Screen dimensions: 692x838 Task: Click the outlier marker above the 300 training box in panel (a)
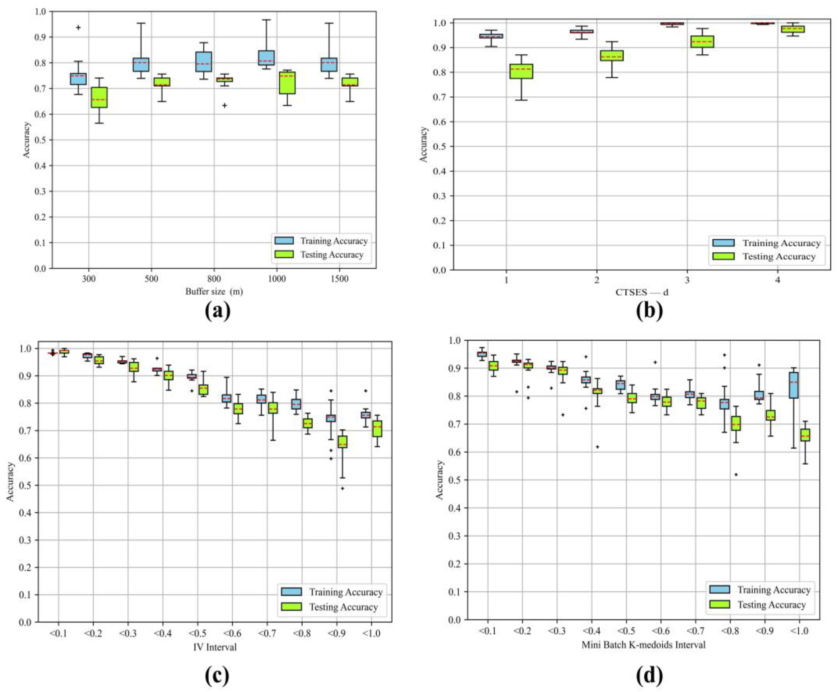78,27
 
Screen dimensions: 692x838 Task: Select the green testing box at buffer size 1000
287,83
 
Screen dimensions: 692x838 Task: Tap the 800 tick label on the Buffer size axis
214,279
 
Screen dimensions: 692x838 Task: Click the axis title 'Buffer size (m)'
214,292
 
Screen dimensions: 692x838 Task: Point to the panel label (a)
218,311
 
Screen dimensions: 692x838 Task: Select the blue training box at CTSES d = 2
585,31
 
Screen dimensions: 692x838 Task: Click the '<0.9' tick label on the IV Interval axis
337,633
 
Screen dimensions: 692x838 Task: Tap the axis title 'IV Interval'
215,647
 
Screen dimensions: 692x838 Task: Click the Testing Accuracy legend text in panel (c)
343,607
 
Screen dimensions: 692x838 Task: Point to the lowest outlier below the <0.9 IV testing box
342,488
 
